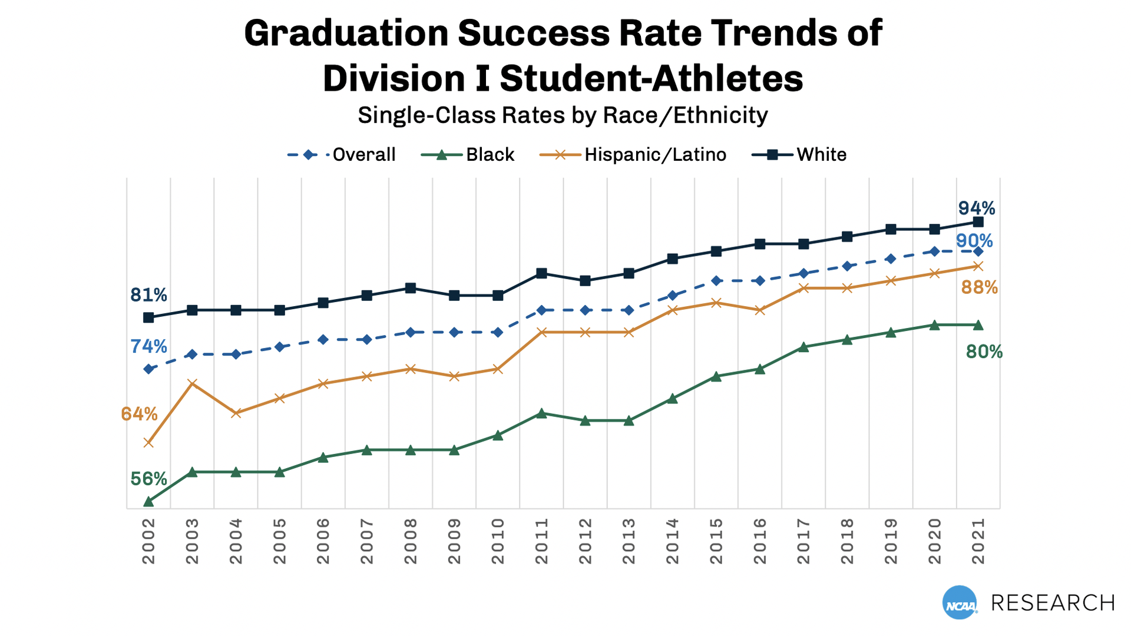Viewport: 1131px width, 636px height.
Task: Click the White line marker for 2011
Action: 541,273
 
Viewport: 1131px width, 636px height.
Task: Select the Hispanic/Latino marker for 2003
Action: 192,383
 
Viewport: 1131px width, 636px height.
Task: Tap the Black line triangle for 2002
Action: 148,501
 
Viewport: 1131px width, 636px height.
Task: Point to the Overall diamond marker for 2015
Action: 716,280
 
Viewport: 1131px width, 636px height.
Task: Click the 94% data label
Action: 976,208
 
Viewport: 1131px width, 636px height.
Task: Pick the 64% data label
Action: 139,414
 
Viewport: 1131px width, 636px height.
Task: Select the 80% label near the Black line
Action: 984,352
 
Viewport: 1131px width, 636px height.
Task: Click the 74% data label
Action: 148,346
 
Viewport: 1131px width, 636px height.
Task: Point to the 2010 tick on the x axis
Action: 498,541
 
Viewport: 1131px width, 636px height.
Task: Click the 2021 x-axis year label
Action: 978,541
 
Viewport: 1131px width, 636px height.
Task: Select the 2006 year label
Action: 323,541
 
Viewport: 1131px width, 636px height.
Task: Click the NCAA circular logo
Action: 960,602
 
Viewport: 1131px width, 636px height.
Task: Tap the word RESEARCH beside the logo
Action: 1053,602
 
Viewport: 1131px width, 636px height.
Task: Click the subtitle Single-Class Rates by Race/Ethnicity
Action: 563,115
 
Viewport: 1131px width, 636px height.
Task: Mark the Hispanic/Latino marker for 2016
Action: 760,310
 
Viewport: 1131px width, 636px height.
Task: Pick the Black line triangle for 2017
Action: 803,347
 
